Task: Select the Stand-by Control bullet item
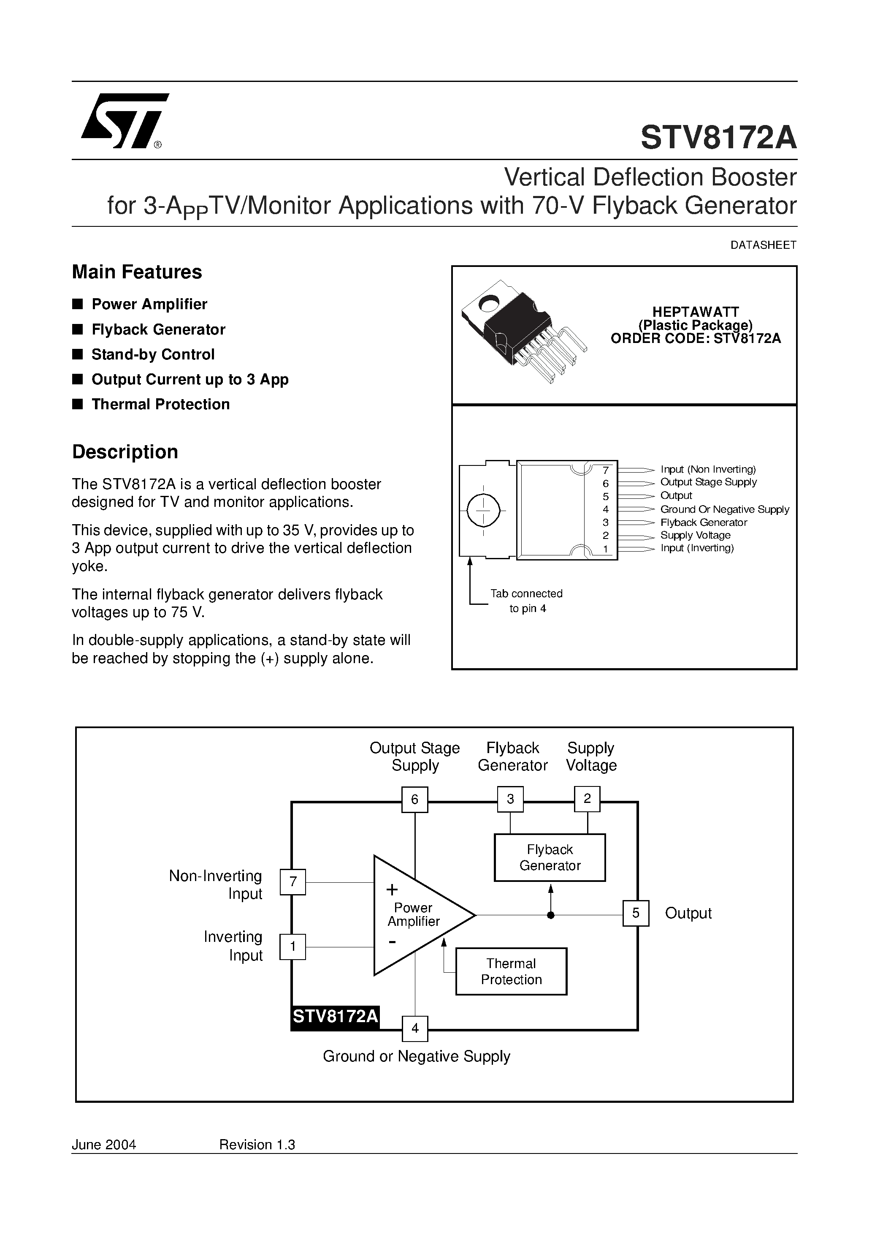[153, 354]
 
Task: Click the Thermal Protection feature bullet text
[160, 405]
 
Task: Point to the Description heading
[125, 452]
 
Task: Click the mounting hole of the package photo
[489, 305]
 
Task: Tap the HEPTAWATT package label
[695, 312]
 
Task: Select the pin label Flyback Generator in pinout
[703, 522]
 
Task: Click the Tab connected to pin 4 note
[526, 601]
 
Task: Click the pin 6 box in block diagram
[414, 799]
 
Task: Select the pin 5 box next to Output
[636, 913]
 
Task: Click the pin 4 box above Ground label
[414, 1028]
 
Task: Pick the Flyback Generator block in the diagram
[550, 857]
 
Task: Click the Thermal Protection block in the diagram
[511, 971]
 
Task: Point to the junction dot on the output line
[550, 915]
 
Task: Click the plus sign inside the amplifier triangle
[392, 889]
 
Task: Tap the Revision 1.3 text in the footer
[257, 1145]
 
